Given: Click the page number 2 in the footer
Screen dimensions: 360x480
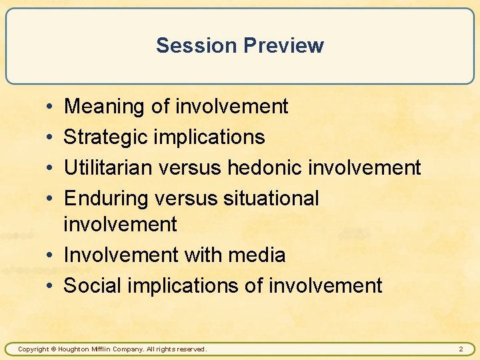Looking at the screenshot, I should [461, 349].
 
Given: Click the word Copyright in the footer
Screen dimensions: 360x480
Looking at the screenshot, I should [33, 349].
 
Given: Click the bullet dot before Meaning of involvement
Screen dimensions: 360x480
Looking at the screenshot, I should [51, 107].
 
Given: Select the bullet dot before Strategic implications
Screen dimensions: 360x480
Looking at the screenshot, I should [51, 137].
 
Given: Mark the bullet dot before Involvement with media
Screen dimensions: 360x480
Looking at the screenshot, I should [51, 255].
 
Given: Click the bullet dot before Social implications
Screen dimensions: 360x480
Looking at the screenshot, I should [51, 286].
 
